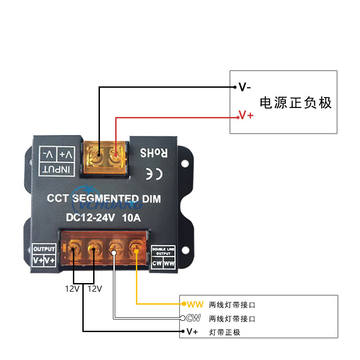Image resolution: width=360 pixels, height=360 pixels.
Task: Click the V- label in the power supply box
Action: [x=245, y=87]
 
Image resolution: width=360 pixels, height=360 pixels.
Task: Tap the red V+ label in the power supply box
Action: [x=246, y=116]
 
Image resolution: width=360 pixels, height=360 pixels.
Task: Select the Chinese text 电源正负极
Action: [x=296, y=103]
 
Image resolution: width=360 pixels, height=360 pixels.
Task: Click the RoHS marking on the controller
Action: [x=153, y=153]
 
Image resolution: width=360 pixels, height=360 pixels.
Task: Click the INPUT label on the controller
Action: [x=56, y=169]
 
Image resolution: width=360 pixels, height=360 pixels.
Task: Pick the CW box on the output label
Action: [x=157, y=263]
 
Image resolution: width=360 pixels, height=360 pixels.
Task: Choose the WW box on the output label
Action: [x=169, y=263]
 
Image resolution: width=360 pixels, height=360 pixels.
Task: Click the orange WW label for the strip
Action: [x=196, y=305]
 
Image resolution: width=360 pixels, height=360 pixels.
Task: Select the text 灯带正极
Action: [x=225, y=333]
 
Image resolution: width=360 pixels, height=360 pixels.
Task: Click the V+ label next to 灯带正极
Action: [x=192, y=332]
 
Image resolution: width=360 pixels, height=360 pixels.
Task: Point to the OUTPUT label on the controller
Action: [x=44, y=249]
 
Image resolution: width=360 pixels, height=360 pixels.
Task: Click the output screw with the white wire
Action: [x=114, y=247]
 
